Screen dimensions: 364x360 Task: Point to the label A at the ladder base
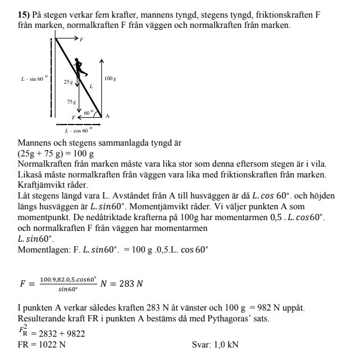107,115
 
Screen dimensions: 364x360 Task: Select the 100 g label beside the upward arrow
110,78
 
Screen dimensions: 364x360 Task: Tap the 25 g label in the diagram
68,82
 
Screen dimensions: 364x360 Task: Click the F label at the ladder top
81,39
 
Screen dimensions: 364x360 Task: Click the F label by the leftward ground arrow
73,117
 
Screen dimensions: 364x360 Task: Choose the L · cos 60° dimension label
78,130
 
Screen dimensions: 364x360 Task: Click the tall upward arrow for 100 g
101,85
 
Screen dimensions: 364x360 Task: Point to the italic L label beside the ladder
90,86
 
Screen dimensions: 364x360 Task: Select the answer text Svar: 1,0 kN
215,345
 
